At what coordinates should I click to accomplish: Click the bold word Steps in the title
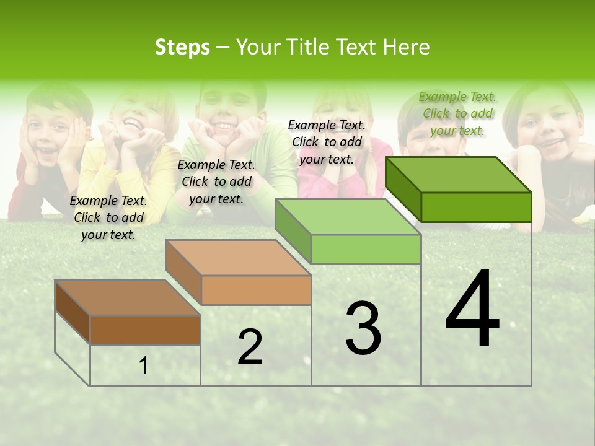(x=182, y=47)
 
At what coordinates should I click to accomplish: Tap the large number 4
(x=472, y=310)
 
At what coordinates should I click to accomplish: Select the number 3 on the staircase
(x=363, y=328)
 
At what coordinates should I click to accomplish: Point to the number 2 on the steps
(x=250, y=347)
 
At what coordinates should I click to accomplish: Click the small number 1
(x=144, y=366)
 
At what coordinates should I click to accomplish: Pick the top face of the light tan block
(x=238, y=258)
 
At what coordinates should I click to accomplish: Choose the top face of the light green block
(x=348, y=217)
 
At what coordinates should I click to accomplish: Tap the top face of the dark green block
(x=459, y=175)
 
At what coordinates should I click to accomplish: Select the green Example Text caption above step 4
(x=457, y=113)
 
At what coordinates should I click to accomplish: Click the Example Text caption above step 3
(x=327, y=142)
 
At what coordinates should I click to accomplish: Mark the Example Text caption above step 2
(x=216, y=181)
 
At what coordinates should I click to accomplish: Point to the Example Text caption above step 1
(x=108, y=217)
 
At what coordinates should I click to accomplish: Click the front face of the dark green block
(x=476, y=207)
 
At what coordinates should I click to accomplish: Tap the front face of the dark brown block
(x=145, y=330)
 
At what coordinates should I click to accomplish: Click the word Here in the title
(x=407, y=47)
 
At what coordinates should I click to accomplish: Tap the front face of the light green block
(x=366, y=249)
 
